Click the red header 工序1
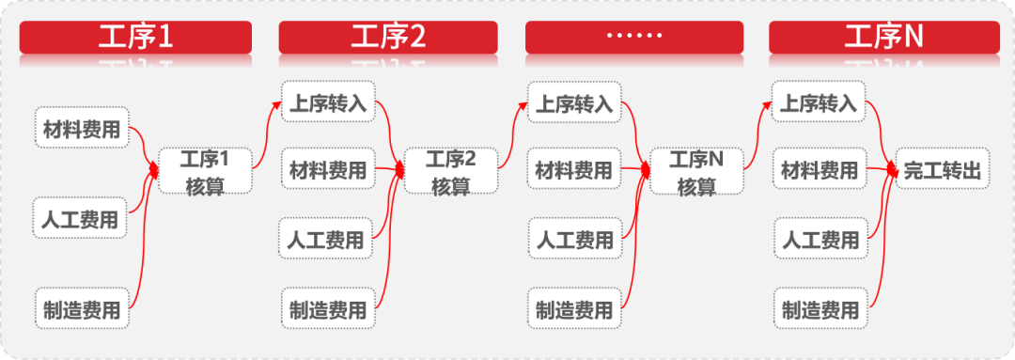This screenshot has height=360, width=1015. click(x=135, y=38)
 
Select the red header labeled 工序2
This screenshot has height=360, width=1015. click(x=388, y=38)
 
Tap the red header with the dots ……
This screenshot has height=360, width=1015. click(x=633, y=38)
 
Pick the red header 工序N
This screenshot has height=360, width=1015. click(x=883, y=38)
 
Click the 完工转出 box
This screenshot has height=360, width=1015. click(x=943, y=170)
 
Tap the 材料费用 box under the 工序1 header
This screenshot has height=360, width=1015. click(x=82, y=130)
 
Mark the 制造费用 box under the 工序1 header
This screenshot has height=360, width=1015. click(x=82, y=309)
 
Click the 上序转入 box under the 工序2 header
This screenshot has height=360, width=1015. click(x=328, y=102)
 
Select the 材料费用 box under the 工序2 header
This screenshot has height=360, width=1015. click(x=328, y=170)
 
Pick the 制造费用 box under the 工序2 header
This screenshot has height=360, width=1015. click(x=328, y=309)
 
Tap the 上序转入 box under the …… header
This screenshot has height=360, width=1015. click(x=574, y=102)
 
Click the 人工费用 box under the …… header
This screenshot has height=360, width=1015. click(x=574, y=240)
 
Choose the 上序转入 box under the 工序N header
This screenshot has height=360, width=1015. click(x=820, y=102)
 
